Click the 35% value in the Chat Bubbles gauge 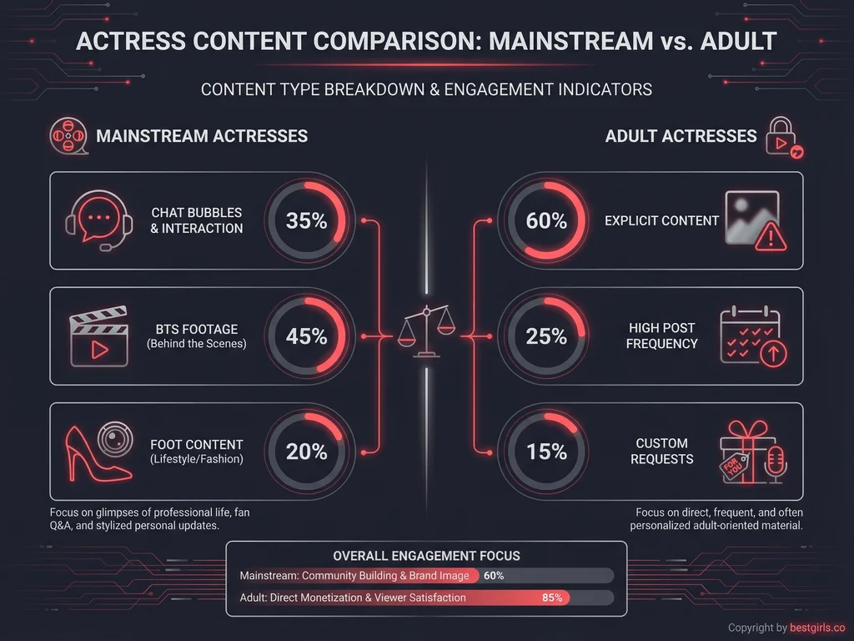[x=306, y=221]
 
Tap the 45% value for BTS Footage [x=306, y=336]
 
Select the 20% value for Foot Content [x=306, y=452]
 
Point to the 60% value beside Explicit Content [x=546, y=221]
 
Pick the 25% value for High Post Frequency [x=546, y=336]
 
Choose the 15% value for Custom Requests [x=546, y=452]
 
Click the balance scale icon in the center [x=426, y=331]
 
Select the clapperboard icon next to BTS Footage [x=99, y=337]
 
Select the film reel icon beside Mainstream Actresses [x=68, y=136]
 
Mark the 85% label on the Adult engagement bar [x=551, y=598]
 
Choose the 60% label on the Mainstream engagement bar [x=494, y=576]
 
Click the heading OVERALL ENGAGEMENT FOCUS [x=426, y=556]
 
